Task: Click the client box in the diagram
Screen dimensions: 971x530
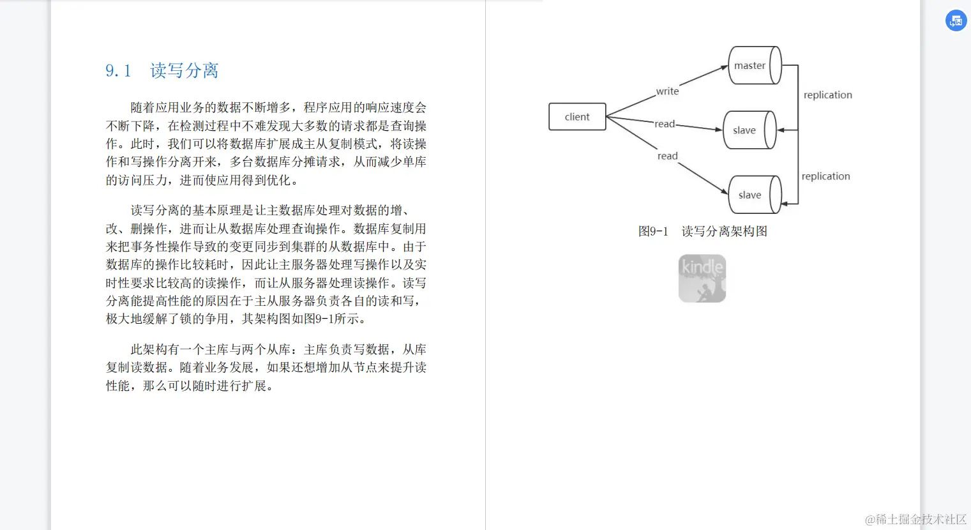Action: pos(577,117)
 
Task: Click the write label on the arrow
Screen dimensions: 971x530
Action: pos(667,91)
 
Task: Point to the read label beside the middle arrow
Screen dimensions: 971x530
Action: pos(664,124)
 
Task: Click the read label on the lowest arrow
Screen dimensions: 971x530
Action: pos(667,156)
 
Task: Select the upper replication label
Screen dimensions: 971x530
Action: pos(827,95)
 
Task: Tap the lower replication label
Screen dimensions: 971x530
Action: pos(825,176)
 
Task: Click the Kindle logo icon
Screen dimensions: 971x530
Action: pos(702,278)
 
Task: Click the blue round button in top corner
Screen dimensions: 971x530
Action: pos(956,20)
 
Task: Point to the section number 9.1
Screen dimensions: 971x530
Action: pos(118,71)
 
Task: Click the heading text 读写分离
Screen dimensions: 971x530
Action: pos(184,71)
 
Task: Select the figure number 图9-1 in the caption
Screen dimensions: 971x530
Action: pos(652,231)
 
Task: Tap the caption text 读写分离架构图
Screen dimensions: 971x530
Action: pos(724,231)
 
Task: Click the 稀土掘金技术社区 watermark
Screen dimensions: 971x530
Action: pos(915,519)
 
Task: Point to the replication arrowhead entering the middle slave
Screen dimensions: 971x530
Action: pos(781,130)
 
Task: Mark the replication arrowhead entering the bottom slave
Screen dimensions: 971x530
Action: pos(785,204)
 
